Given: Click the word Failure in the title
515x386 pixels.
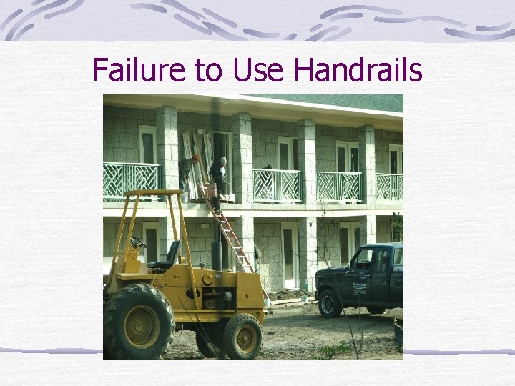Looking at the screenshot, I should click(130, 71).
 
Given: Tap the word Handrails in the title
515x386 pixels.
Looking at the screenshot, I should click(358, 71).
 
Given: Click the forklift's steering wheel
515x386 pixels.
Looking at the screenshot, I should click(137, 242).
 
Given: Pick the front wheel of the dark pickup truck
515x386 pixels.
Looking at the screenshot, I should click(330, 303).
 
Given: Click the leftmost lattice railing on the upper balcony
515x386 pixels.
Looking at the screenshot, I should click(131, 181).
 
